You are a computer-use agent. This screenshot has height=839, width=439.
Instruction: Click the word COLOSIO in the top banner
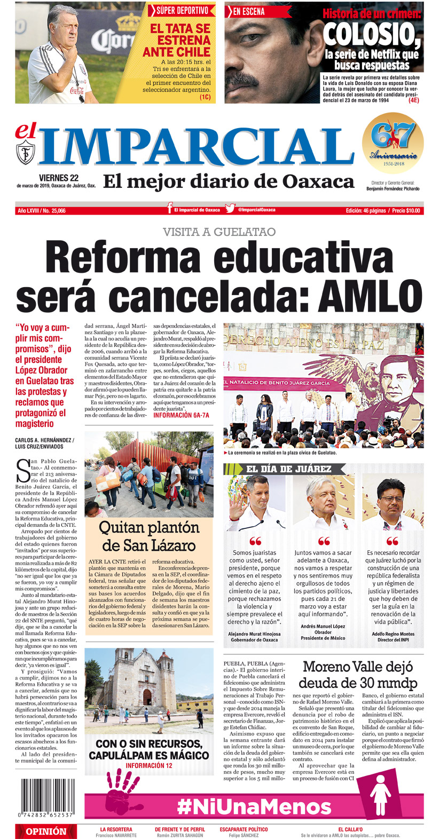click(x=372, y=35)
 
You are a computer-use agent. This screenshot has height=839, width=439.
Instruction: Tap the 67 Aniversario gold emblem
click(x=393, y=143)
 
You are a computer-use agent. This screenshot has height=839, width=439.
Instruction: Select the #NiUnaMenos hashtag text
click(x=254, y=806)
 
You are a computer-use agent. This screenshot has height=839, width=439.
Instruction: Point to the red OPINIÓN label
click(x=46, y=831)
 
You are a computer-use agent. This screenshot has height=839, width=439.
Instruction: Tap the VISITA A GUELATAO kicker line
click(x=219, y=232)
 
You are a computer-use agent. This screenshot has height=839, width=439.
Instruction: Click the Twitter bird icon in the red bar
click(x=230, y=209)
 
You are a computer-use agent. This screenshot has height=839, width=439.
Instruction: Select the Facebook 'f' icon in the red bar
click(x=169, y=209)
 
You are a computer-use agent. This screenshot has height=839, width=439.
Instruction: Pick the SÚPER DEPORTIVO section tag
click(x=182, y=10)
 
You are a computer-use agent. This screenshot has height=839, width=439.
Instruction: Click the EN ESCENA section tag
click(x=249, y=11)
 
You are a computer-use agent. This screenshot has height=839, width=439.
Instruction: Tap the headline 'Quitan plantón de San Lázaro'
click(x=148, y=536)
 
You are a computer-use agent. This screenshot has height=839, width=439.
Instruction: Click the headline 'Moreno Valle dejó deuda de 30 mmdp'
click(x=357, y=675)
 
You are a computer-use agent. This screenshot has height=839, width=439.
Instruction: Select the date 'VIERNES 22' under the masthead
click(x=59, y=178)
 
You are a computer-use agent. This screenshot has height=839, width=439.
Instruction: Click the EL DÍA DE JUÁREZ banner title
click(x=288, y=469)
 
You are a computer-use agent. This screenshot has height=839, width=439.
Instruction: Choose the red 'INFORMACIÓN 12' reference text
click(x=148, y=765)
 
